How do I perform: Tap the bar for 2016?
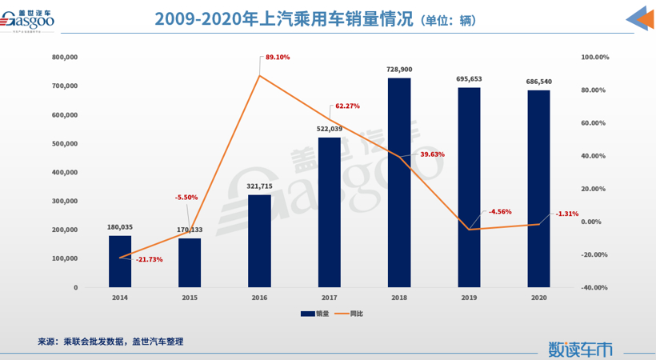tap(260, 241)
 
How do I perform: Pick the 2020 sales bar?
tap(539, 188)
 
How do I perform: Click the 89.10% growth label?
tap(278, 58)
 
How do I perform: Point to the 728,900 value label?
tap(399, 70)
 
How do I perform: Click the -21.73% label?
tap(150, 259)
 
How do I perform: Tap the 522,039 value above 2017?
tap(330, 129)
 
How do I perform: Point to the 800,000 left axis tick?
tap(64, 58)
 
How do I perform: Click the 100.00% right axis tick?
tap(594, 58)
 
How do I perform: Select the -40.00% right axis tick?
tap(594, 287)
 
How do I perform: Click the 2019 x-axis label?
tap(469, 298)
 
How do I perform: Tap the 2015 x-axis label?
tap(190, 298)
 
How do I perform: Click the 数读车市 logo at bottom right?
tap(581, 350)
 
